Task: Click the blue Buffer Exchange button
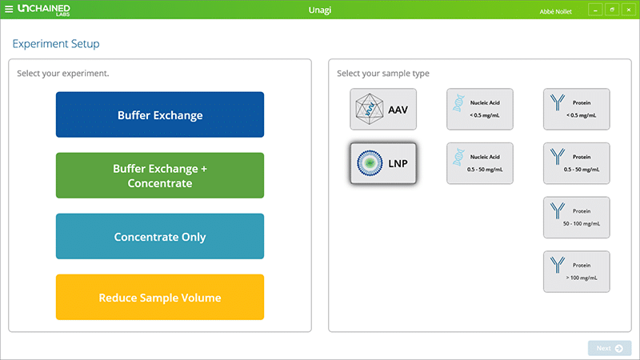159,114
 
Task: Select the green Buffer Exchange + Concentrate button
159,175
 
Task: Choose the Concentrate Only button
159,237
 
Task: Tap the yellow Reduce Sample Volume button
159,298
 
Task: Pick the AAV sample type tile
383,109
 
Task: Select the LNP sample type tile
383,163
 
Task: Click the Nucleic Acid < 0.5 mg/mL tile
480,109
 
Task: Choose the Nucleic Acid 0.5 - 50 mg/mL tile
480,163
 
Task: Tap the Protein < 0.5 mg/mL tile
576,109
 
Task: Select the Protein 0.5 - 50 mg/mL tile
576,163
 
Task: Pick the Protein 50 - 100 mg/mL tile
576,218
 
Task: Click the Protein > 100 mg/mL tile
576,272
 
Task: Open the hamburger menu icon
9,10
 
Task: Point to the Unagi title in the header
320,10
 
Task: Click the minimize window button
594,10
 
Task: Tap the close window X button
628,10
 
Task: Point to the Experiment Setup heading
55,44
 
